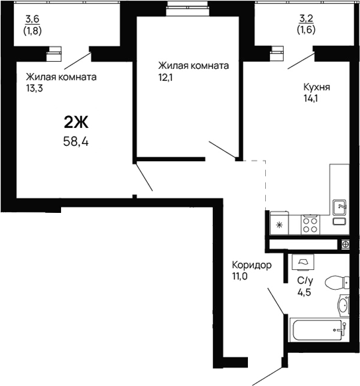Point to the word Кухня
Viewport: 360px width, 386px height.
(x=316, y=87)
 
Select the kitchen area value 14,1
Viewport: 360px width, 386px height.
(x=310, y=99)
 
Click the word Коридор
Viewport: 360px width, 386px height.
(x=252, y=265)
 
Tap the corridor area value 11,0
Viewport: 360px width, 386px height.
(x=239, y=277)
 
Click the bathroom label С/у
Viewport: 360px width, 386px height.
(x=305, y=281)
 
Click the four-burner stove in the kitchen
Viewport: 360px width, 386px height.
(x=310, y=225)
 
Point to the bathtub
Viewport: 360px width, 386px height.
(x=319, y=330)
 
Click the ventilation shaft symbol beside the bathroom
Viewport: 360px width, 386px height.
(x=345, y=245)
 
